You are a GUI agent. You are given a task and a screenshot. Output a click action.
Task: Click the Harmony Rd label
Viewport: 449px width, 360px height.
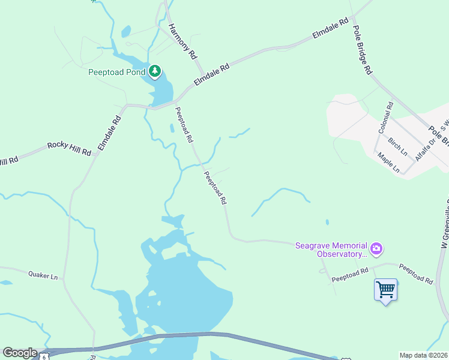click(182, 41)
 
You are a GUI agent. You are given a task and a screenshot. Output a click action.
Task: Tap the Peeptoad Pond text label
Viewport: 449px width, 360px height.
click(117, 72)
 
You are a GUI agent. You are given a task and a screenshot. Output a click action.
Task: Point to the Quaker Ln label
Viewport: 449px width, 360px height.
click(43, 276)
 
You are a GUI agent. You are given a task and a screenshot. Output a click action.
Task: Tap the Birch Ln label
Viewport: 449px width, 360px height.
click(397, 145)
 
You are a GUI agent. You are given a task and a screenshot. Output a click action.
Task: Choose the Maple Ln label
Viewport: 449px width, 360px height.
click(388, 162)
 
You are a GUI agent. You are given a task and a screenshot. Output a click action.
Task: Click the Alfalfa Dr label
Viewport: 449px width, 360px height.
click(424, 146)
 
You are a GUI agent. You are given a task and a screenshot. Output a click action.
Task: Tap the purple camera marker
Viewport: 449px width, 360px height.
click(376, 248)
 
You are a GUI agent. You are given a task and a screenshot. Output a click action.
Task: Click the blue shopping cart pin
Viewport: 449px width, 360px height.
click(385, 290)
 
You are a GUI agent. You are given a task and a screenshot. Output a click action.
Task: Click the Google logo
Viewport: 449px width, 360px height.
click(20, 353)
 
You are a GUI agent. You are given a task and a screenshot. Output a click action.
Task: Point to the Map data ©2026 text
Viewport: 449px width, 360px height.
click(423, 355)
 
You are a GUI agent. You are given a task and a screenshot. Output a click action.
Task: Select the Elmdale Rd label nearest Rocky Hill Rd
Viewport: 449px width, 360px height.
click(110, 133)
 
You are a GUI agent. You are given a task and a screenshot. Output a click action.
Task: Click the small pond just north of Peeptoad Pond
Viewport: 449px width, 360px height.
click(125, 31)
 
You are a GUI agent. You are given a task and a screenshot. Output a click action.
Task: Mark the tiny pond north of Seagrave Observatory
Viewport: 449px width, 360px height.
click(327, 222)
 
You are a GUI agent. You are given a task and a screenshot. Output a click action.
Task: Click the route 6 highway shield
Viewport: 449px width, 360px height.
click(44, 356)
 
